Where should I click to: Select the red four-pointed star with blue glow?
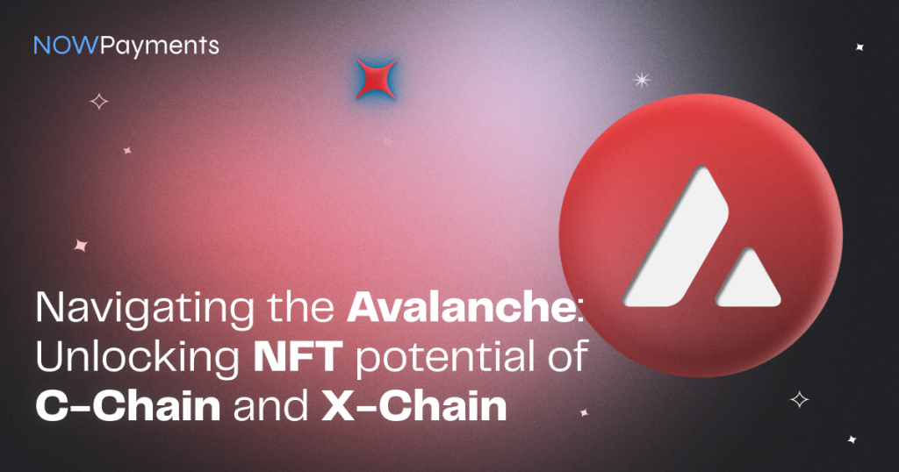377,79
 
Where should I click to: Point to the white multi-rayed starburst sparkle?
642,80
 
